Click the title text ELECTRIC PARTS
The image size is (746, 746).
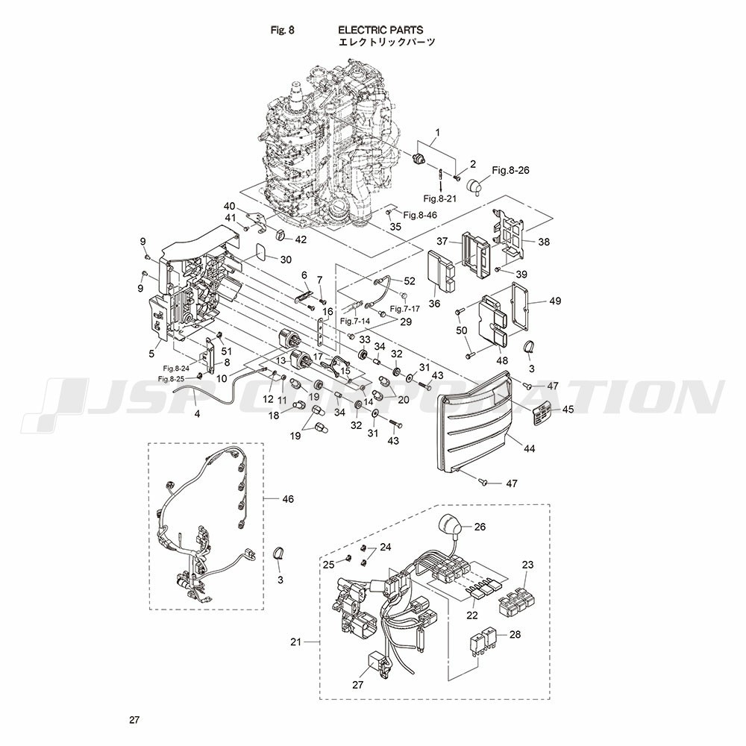380,30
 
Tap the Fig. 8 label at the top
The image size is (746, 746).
283,30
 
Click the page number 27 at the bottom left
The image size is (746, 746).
134,720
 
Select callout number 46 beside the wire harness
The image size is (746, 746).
288,498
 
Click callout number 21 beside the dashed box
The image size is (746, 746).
296,642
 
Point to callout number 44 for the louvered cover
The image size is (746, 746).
529,448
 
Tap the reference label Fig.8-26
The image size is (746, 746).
510,170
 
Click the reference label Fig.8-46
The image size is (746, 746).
420,215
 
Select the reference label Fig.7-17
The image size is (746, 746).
405,309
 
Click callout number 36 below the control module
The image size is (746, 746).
434,304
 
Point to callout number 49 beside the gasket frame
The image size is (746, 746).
555,301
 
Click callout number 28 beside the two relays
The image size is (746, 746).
515,634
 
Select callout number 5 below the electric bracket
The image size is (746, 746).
151,354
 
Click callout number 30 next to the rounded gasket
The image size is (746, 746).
286,260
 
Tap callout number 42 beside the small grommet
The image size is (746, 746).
301,239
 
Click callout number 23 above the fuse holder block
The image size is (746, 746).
527,565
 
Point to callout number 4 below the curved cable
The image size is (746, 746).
197,414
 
